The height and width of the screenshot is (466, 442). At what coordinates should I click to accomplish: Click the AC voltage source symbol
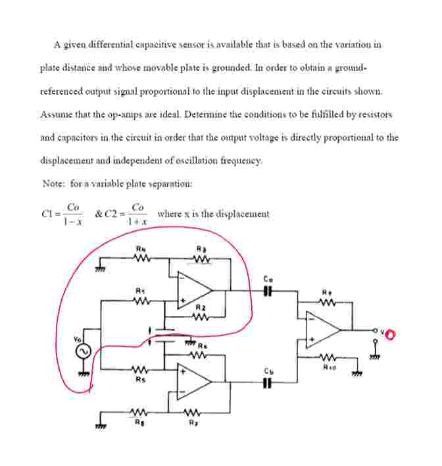tap(82, 352)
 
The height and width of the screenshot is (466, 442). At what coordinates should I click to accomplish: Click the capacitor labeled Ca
tap(267, 290)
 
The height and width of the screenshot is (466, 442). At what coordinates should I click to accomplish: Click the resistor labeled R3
tap(201, 259)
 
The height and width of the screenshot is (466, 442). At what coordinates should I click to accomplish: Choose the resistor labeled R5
tap(139, 370)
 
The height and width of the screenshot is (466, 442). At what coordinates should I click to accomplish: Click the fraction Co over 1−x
tap(72, 215)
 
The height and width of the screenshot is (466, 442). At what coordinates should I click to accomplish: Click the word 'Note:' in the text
tap(54, 184)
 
